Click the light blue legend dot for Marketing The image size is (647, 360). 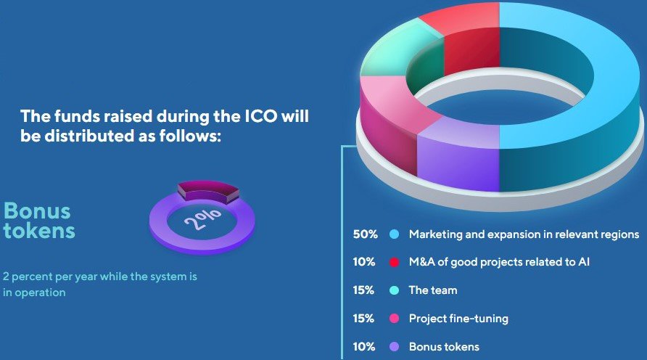[395, 234]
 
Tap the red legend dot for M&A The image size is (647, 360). [395, 262]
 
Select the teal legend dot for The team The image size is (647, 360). [395, 290]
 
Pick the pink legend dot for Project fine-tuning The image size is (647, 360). [395, 319]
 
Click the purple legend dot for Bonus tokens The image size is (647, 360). [395, 347]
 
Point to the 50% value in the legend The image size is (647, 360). [365, 234]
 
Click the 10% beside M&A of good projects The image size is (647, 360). [364, 262]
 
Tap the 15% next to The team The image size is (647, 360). [363, 290]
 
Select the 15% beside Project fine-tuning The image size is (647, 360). [363, 319]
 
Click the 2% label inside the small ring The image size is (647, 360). [202, 218]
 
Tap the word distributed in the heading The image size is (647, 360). [88, 136]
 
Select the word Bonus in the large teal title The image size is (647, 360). [37, 210]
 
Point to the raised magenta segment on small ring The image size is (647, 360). [208, 192]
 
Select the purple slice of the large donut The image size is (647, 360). [458, 157]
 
